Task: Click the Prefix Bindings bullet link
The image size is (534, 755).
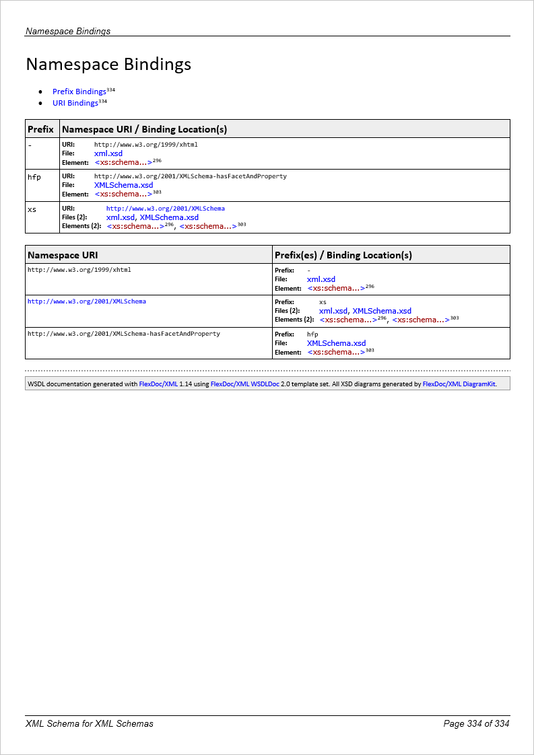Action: [x=79, y=92]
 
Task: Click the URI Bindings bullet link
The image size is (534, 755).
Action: [x=75, y=104]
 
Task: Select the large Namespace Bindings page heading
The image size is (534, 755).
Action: [x=108, y=65]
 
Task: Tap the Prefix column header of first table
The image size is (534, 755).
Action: [x=40, y=129]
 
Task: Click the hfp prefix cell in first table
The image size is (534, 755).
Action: [x=34, y=177]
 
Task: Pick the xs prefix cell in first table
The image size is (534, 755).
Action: [x=32, y=209]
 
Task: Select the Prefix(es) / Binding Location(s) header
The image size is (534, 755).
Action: [x=343, y=255]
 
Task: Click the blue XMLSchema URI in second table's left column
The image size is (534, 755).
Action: [x=86, y=301]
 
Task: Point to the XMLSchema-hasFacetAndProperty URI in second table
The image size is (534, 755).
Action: [x=123, y=334]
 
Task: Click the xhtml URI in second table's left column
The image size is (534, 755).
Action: [x=79, y=270]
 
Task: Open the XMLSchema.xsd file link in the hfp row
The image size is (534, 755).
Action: [x=123, y=185]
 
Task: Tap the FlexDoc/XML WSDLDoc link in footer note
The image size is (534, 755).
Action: [x=244, y=384]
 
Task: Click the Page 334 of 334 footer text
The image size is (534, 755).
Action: [x=476, y=724]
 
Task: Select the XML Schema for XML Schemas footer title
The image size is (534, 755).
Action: [x=90, y=724]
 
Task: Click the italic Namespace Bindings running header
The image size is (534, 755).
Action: [x=68, y=31]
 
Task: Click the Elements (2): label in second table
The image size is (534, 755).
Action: [x=294, y=320]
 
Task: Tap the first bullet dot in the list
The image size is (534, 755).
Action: [x=41, y=92]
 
